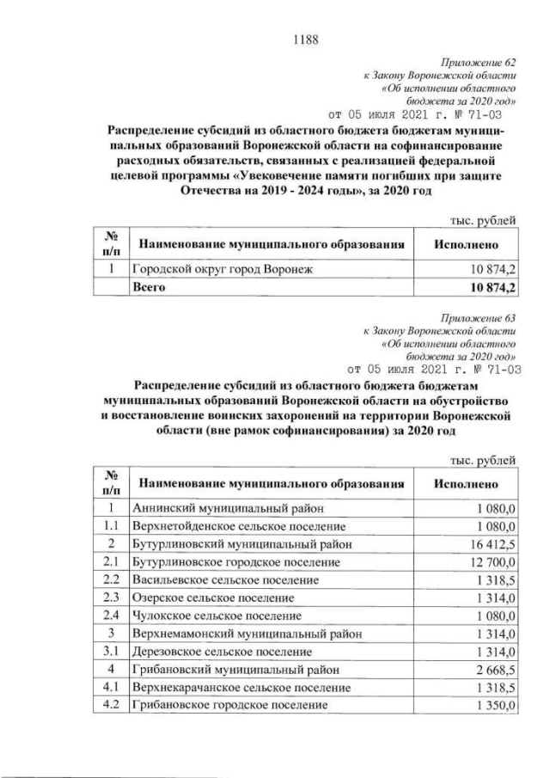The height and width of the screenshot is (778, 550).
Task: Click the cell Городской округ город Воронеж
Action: click(222, 270)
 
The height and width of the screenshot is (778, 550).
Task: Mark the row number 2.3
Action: click(110, 598)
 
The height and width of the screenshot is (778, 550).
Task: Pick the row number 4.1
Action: click(110, 688)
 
